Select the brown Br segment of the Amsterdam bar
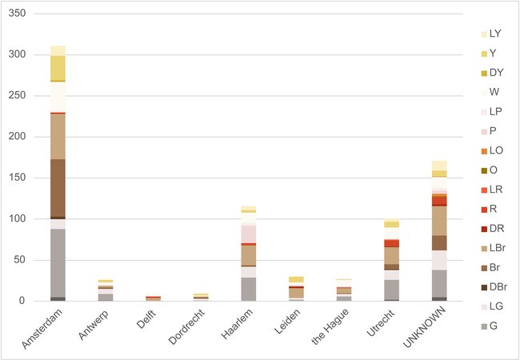58,188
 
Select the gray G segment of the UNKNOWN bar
439,283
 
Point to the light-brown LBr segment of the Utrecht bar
391,255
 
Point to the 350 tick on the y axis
18,14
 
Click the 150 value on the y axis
18,137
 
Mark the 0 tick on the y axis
23,302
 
